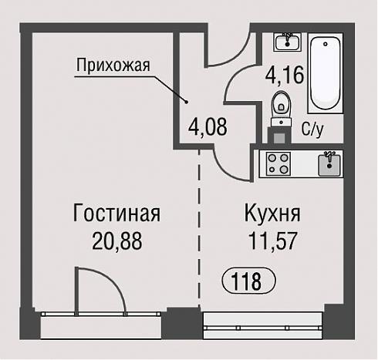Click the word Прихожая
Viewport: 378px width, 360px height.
113,66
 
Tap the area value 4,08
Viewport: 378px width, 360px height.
208,126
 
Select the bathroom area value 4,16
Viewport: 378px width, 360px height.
285,75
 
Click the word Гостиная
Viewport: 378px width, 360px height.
116,213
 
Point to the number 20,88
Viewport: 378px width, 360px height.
117,241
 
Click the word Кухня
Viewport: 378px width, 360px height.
272,213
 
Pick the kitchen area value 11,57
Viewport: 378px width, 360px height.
273,241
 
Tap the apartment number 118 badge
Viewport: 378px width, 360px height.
248,281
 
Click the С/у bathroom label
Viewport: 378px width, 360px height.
312,129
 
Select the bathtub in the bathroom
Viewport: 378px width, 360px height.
326,73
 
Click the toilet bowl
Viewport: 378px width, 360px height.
282,109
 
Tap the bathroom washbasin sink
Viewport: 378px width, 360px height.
288,42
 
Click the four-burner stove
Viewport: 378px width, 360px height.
278,164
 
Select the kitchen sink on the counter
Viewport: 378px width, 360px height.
329,164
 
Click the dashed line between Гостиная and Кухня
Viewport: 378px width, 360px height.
199,229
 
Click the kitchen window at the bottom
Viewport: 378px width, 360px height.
262,326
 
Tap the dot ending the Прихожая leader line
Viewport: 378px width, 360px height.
187,103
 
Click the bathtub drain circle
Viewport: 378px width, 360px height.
326,44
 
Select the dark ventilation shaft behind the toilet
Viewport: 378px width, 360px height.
279,136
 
